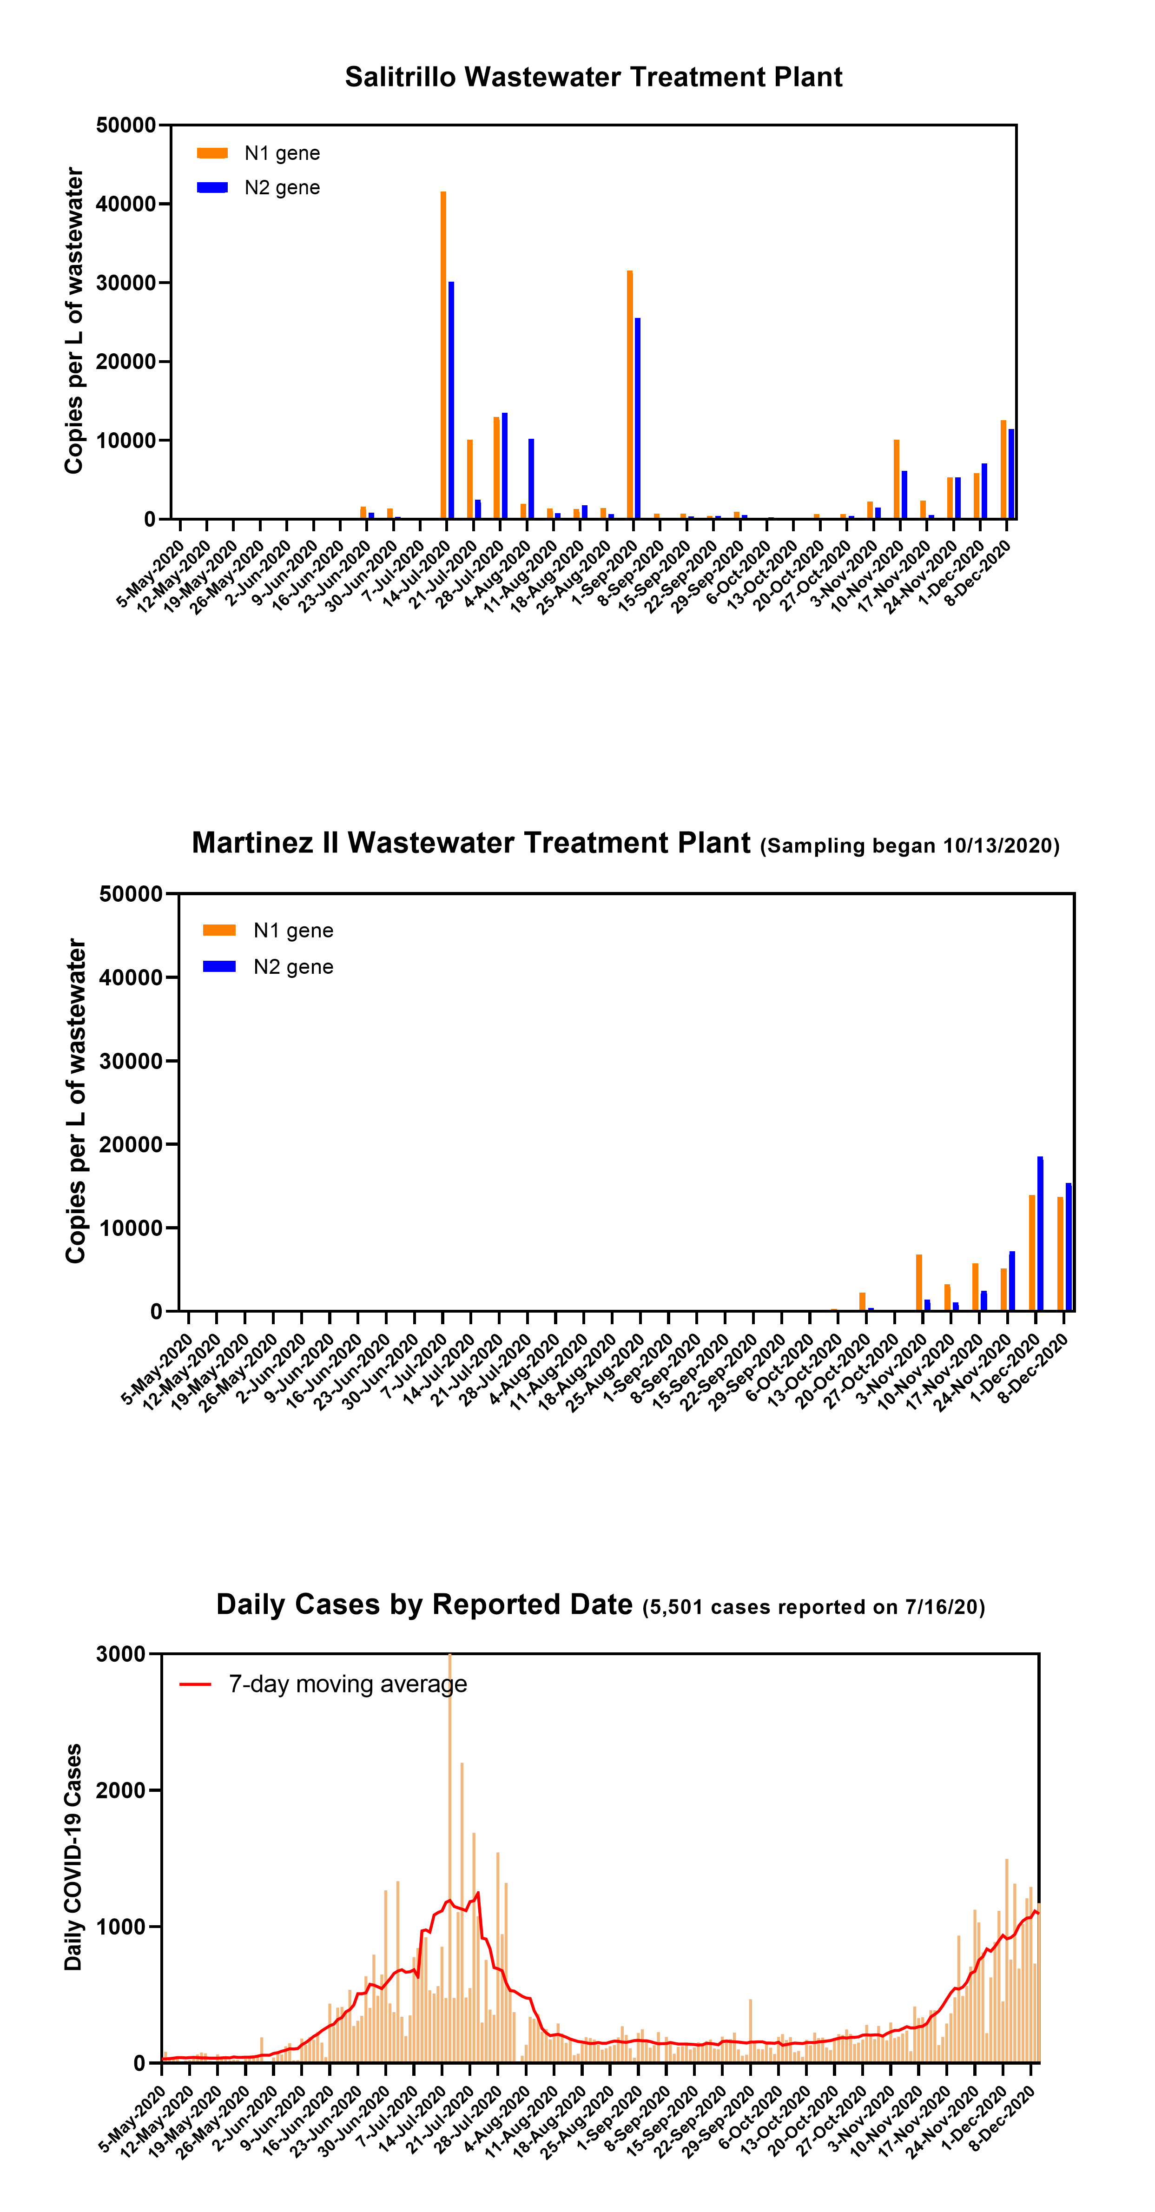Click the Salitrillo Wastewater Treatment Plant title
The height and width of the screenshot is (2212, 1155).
coord(594,77)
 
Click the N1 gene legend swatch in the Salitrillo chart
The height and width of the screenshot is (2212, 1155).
coord(212,153)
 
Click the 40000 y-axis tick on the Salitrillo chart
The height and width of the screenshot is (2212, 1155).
coord(126,205)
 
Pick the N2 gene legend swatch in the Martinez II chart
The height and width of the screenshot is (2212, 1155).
coord(219,966)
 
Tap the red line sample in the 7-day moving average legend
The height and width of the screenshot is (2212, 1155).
coord(195,1684)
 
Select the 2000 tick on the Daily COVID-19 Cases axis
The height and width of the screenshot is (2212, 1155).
coord(121,1790)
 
